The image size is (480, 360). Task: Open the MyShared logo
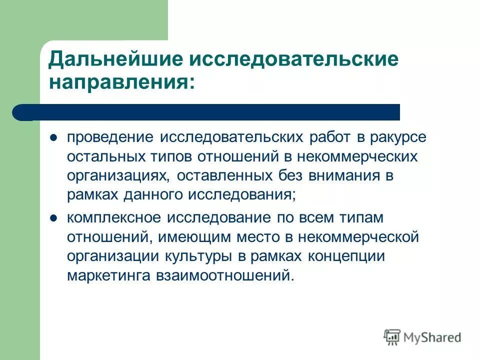click(422, 337)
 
